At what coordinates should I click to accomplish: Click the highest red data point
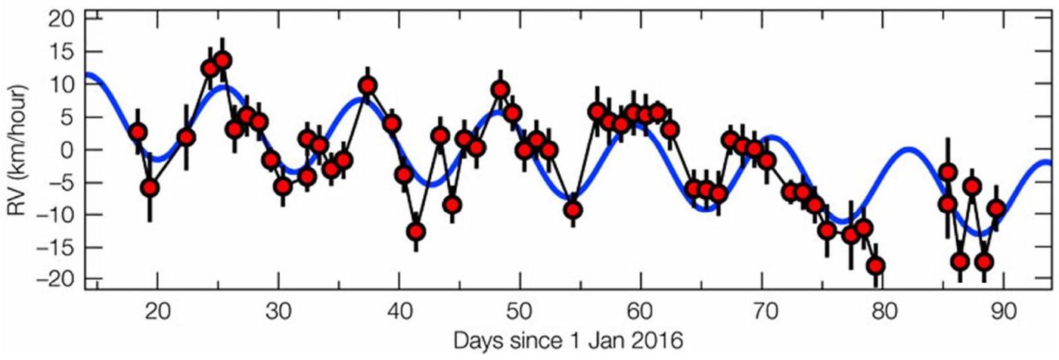pyautogui.click(x=222, y=61)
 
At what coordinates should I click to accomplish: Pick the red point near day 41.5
pyautogui.click(x=416, y=232)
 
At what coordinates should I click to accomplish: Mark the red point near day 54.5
pyautogui.click(x=573, y=209)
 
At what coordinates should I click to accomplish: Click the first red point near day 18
pyautogui.click(x=138, y=132)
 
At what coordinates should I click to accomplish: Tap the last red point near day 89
pyautogui.click(x=996, y=208)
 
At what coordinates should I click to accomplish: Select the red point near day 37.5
pyautogui.click(x=368, y=86)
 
